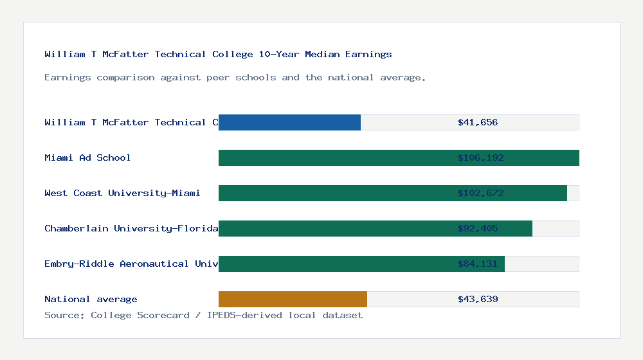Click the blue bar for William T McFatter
289,122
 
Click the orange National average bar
293,299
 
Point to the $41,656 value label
478,122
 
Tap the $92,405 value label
478,228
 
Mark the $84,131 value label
478,264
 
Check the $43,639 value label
478,299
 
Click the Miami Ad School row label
87,157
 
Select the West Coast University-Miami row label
122,193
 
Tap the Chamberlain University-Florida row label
131,228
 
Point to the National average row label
91,299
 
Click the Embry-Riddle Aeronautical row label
131,264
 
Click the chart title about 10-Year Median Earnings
218,54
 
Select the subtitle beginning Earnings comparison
235,77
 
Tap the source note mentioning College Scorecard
203,315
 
